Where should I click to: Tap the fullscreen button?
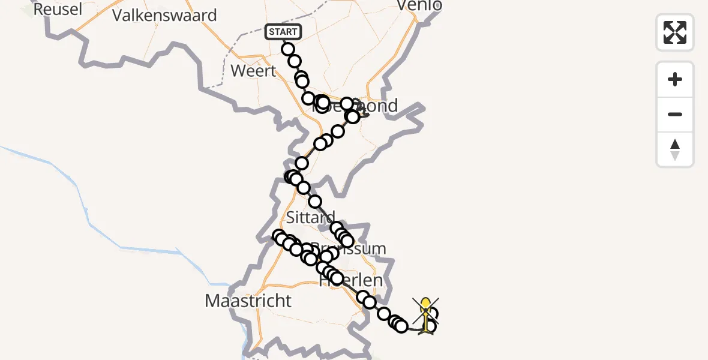675,32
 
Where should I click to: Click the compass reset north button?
675,150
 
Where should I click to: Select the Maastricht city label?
248,301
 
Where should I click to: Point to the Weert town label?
253,71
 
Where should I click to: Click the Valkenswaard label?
164,15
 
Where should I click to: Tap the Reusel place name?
58,10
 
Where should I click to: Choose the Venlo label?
420,6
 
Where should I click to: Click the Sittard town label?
310,217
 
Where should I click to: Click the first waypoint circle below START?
288,49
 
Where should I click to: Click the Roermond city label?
372,106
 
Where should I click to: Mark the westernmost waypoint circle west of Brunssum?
278,236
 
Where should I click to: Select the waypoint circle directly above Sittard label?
315,202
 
